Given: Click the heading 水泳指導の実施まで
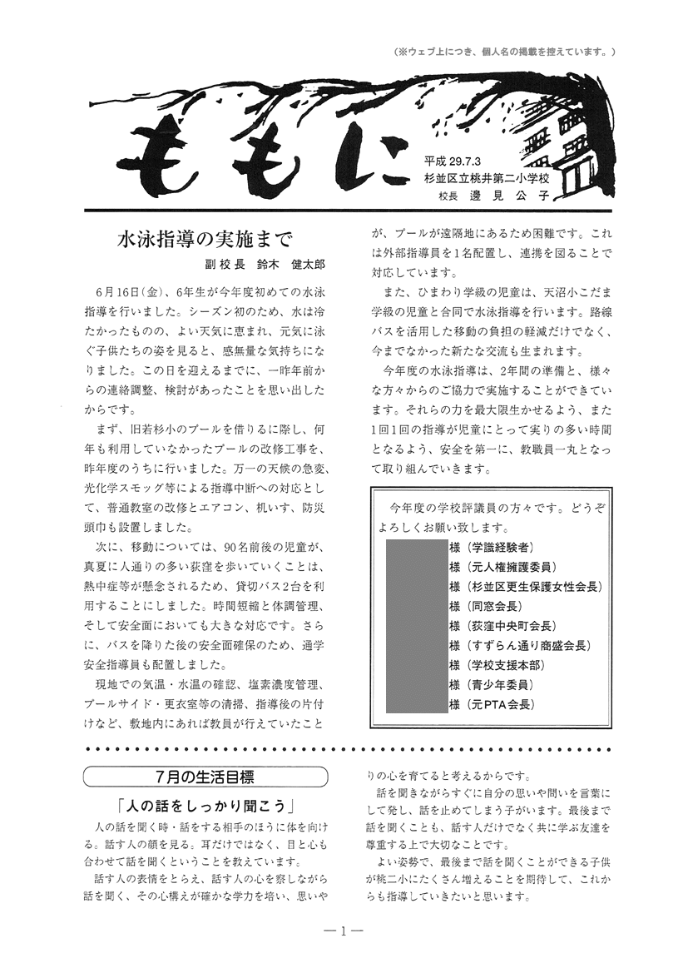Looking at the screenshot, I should coord(205,241).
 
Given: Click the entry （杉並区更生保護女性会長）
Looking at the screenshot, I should coord(534,586).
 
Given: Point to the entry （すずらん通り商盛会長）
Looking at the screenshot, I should coord(529,645).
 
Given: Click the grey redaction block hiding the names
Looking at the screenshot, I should coord(417,625).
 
